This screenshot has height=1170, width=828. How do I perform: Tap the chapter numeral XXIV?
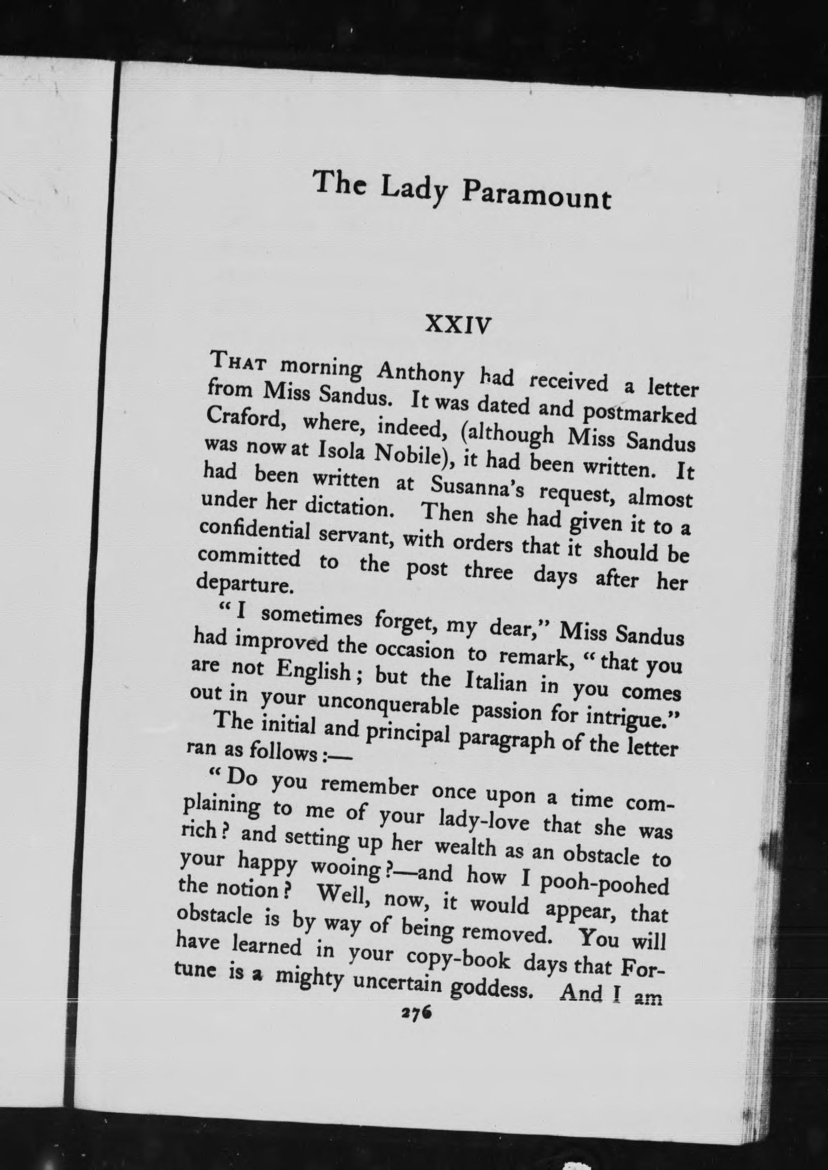458,324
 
